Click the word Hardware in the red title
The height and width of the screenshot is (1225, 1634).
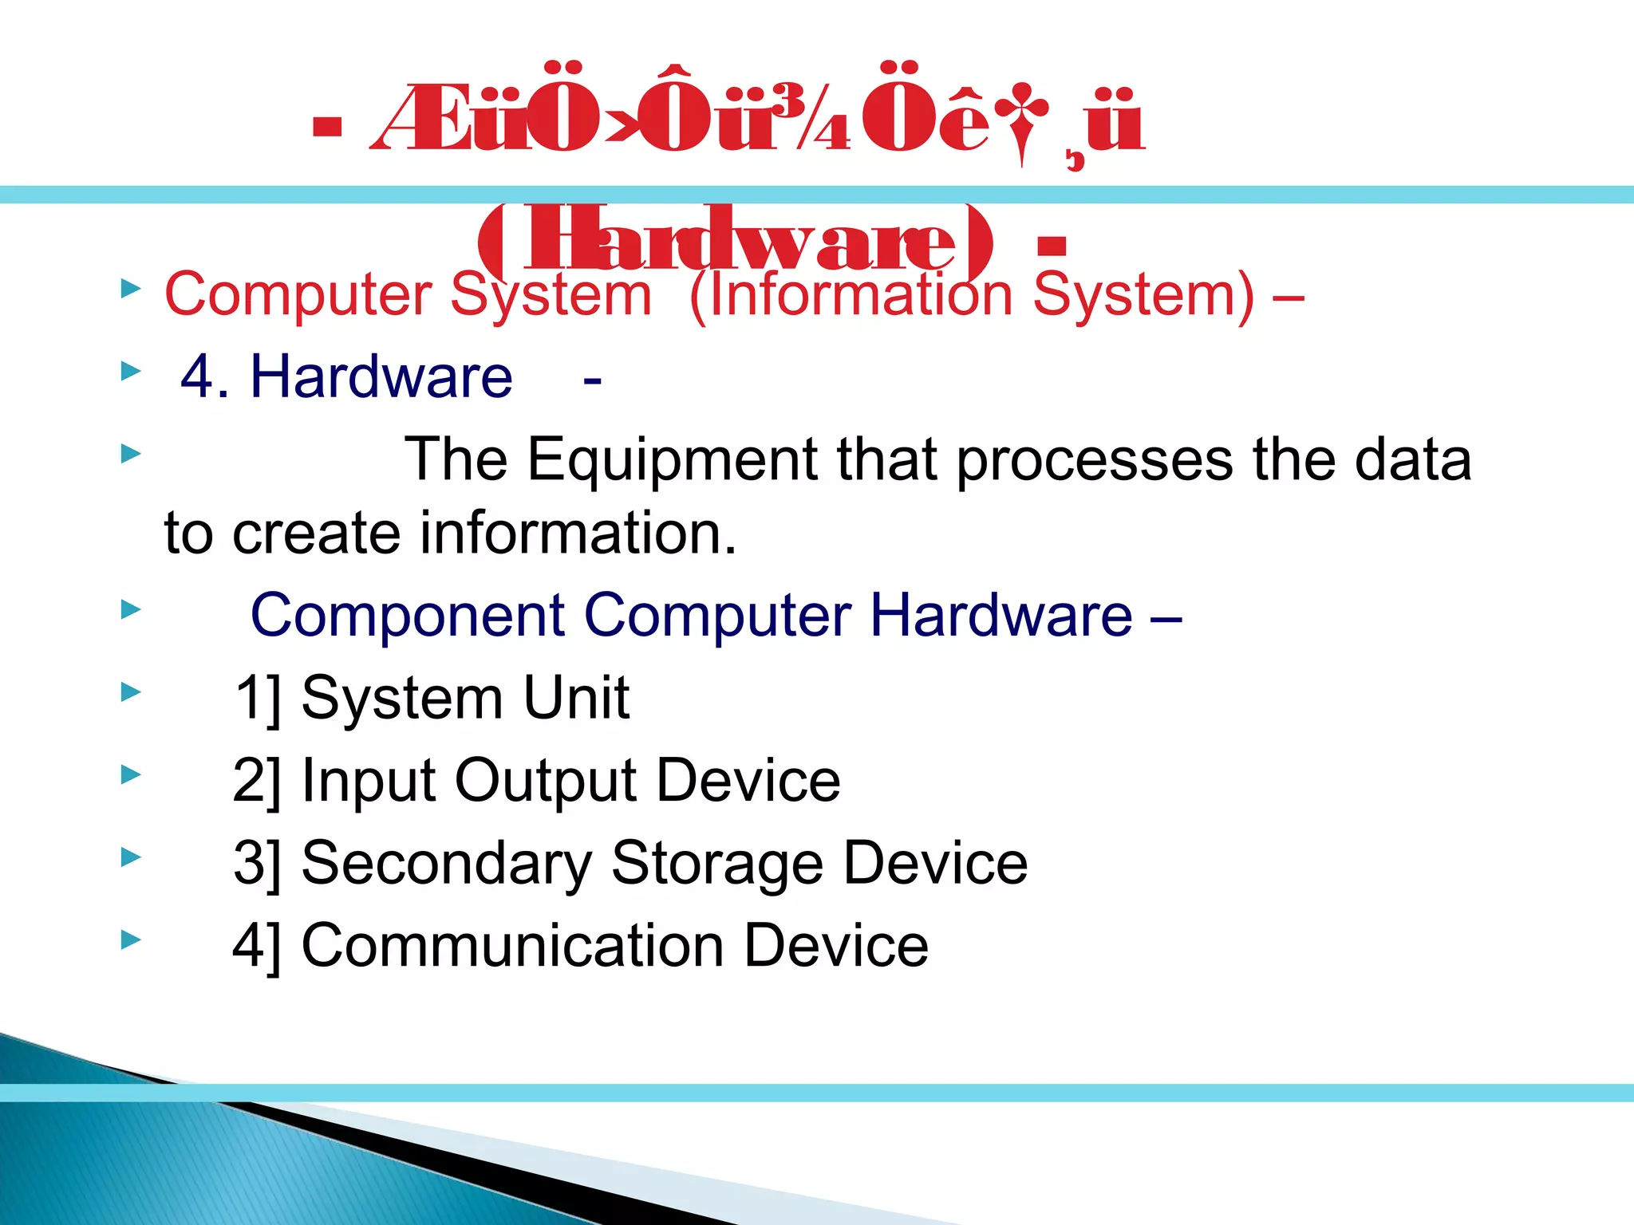[739, 240]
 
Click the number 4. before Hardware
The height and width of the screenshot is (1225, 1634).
[205, 376]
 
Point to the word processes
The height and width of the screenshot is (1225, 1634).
[1094, 460]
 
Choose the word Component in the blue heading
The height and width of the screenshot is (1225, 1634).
[408, 616]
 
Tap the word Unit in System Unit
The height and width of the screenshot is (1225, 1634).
[575, 698]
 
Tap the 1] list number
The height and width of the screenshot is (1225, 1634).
[258, 699]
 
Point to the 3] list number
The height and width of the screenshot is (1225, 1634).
[257, 864]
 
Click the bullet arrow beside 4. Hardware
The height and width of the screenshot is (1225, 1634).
[131, 371]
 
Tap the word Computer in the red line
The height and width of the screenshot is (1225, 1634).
[298, 294]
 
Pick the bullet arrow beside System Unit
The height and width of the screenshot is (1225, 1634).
[131, 692]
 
